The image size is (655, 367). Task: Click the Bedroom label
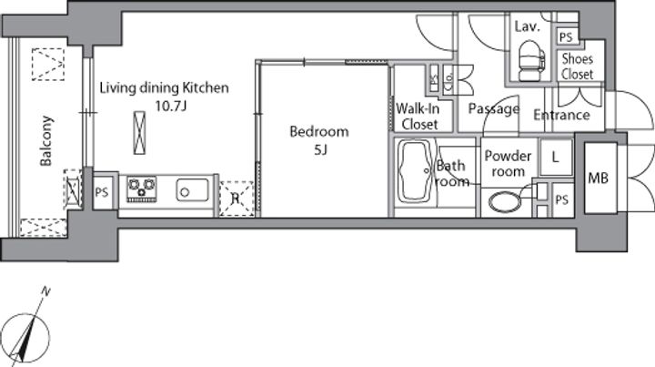coord(319,132)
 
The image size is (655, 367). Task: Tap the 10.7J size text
coord(170,106)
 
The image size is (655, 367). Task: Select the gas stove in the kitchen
coord(142,189)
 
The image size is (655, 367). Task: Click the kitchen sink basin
coord(192,190)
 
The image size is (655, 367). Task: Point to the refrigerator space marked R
coord(237,199)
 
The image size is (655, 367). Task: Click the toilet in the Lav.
coord(531,61)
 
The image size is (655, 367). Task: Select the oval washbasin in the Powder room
coord(505,202)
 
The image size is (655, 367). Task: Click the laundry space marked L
coord(556,158)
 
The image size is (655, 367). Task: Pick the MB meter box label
coord(598,178)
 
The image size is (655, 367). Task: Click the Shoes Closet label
coord(578,66)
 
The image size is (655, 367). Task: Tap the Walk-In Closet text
coord(418,117)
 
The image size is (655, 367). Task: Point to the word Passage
coord(494,109)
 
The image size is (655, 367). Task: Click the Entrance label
coord(561,115)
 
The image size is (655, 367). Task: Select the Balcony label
coord(46,141)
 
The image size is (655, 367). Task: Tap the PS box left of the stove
coord(102,192)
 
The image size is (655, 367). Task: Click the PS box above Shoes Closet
coord(566,37)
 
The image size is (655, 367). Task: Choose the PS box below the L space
coord(562,199)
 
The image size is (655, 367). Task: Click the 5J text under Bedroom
coord(320,149)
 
